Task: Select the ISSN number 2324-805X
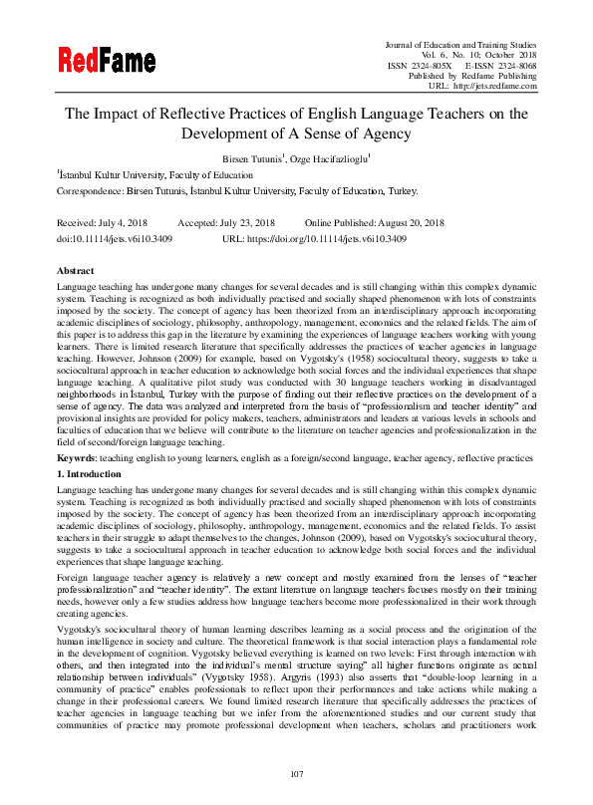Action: point(423,64)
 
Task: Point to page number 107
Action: point(296,774)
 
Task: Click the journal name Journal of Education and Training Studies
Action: point(460,42)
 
